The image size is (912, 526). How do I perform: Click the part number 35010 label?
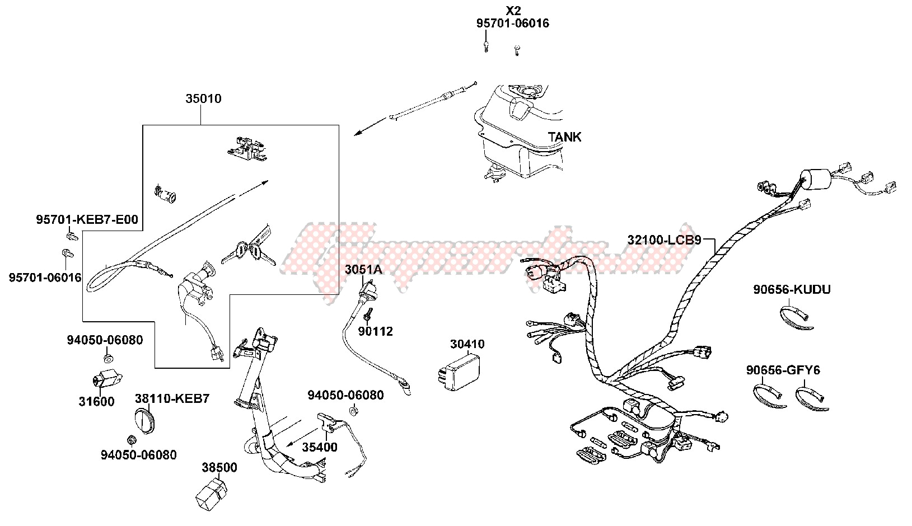tap(203, 99)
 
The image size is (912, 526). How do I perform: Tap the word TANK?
tap(564, 137)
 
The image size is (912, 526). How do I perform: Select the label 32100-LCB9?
tap(664, 240)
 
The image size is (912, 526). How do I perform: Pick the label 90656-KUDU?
tap(792, 289)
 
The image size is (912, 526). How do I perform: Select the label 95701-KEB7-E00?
tap(87, 220)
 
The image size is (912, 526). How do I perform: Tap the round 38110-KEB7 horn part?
tap(147, 421)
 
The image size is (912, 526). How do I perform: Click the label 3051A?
tap(363, 270)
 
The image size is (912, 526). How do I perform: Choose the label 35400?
tap(320, 447)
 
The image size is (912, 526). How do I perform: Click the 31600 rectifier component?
tap(106, 378)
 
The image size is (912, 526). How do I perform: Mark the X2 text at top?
tap(513, 11)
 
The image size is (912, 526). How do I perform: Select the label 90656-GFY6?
tap(783, 370)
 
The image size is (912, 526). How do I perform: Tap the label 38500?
tap(219, 468)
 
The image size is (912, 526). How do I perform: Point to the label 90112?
tap(376, 331)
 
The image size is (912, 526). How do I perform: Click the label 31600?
tap(96, 401)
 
